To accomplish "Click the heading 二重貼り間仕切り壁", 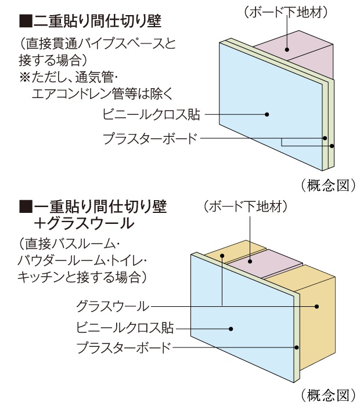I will [x=91, y=21].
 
